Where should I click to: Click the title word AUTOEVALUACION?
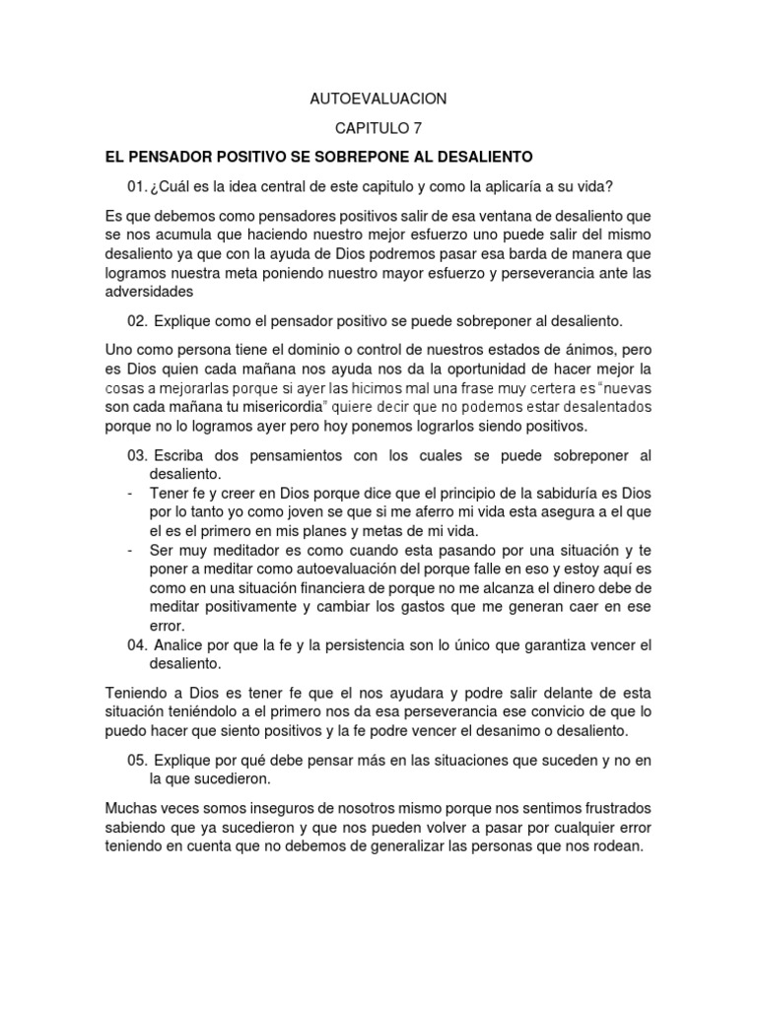tap(378, 99)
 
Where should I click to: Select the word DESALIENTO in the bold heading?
tap(483, 157)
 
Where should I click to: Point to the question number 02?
tap(138, 321)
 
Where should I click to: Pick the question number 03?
tap(138, 454)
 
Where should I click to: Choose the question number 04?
tap(138, 645)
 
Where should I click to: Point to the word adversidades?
tap(149, 292)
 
